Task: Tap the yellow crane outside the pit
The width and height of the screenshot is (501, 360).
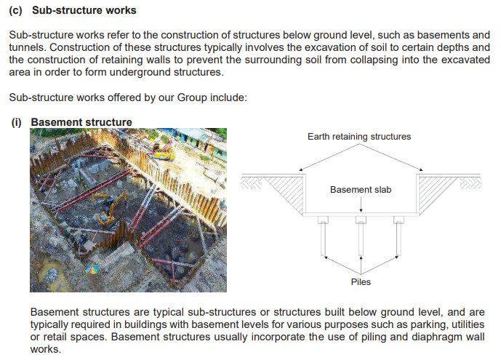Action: click(161, 151)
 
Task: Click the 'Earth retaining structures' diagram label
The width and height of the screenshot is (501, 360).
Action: click(359, 137)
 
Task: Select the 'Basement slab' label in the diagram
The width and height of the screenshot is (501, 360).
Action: click(361, 190)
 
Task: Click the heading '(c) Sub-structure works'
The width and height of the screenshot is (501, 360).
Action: click(72, 11)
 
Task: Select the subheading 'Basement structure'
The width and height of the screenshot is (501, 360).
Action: click(81, 122)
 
